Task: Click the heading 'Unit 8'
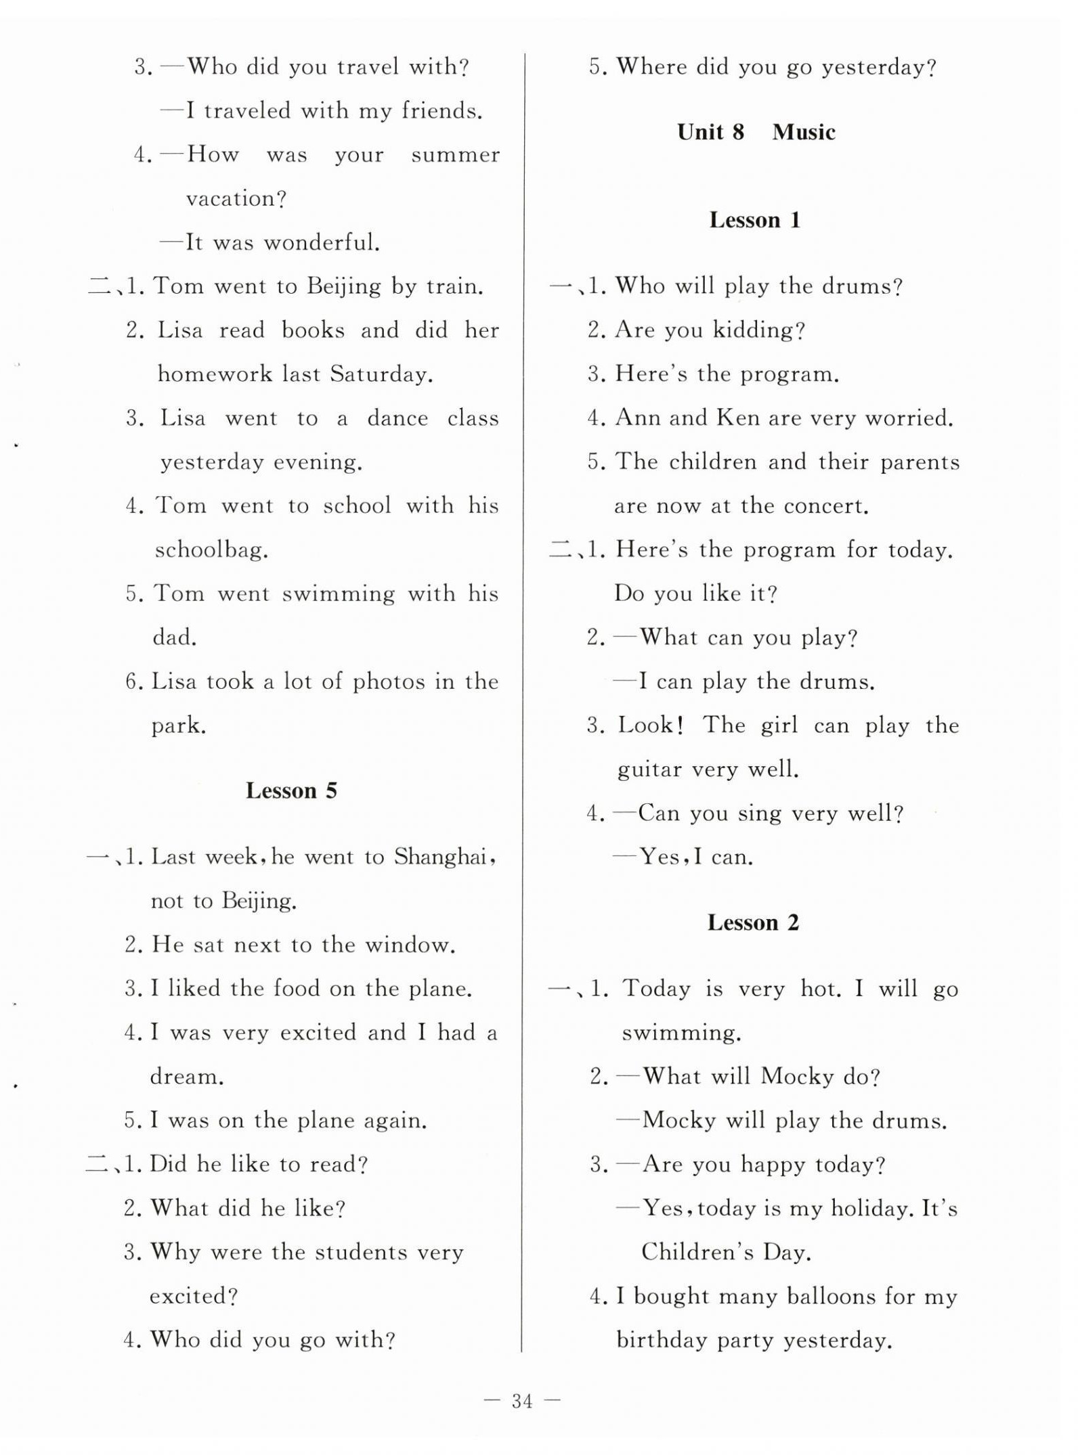coord(710,132)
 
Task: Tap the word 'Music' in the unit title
coord(804,132)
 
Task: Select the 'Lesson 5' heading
coord(291,790)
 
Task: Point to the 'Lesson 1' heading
coord(754,220)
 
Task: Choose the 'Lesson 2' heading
coord(753,922)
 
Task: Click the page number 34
coord(522,1401)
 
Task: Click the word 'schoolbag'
coord(211,550)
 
